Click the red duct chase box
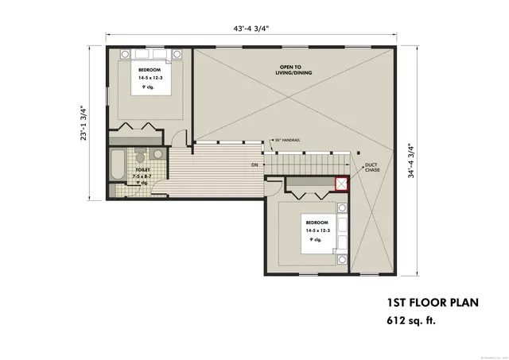tap(342, 184)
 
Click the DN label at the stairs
tap(254, 165)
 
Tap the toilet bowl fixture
tap(141, 156)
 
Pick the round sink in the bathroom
tap(158, 154)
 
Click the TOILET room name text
tap(143, 168)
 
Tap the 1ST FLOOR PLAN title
tap(423, 303)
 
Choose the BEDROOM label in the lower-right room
tap(317, 222)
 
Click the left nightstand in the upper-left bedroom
tap(126, 54)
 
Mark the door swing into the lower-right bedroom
tap(273, 188)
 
